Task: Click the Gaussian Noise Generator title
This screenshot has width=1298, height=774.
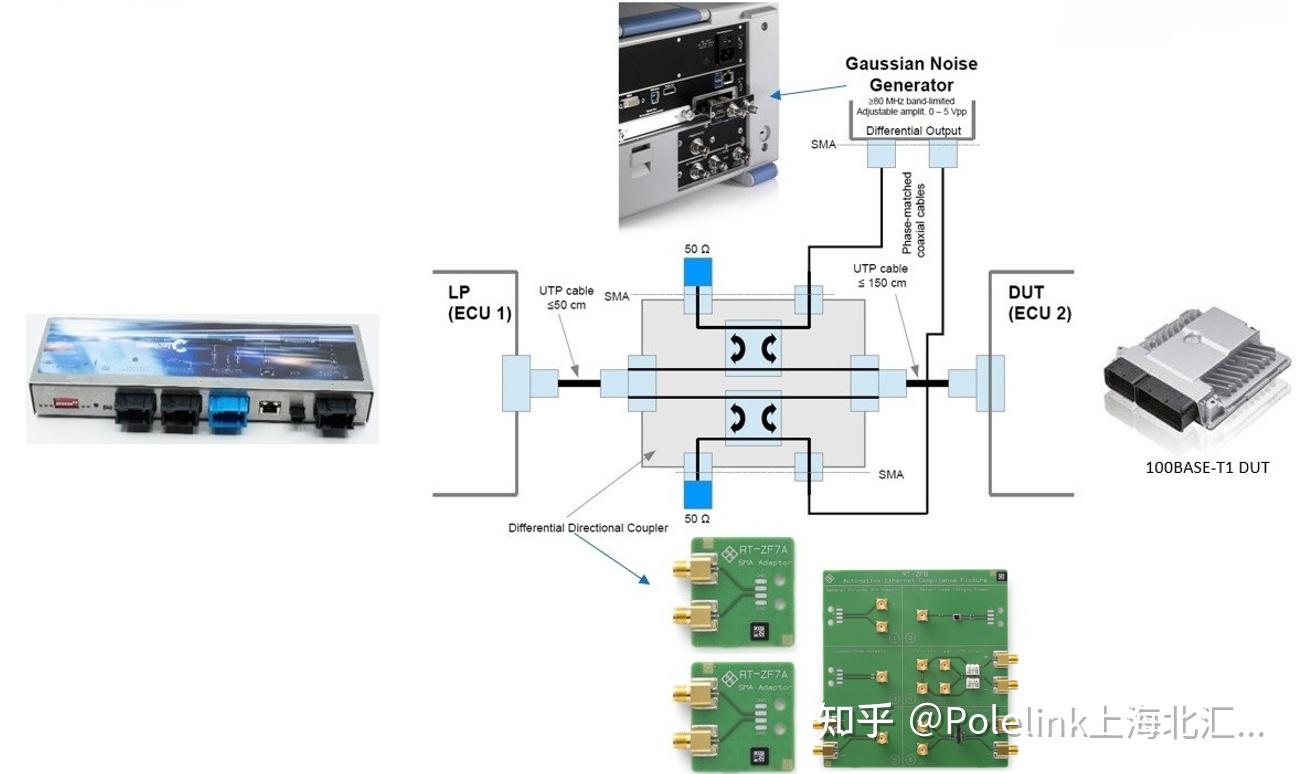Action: (910, 74)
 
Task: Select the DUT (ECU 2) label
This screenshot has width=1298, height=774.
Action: (1039, 303)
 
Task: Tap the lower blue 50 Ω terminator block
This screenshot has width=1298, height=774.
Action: (696, 492)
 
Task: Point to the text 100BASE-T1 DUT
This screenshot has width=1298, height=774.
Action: (1207, 466)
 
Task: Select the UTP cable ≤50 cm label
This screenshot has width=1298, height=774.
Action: (566, 297)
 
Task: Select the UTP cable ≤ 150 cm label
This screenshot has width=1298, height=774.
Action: (880, 275)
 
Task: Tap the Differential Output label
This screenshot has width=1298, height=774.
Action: (913, 131)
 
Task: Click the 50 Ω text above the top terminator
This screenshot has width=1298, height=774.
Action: (697, 247)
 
